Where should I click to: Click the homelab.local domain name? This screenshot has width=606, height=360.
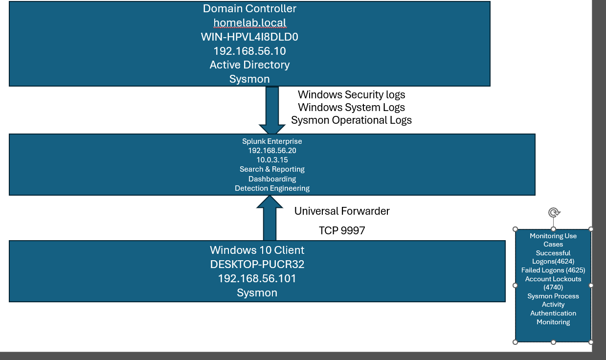(x=250, y=22)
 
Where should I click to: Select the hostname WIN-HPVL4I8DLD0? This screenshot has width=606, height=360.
(x=249, y=37)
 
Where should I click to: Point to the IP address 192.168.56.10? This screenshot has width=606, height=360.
(x=250, y=51)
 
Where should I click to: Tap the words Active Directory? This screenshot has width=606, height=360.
(x=249, y=65)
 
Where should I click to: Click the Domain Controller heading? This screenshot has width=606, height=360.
(x=249, y=9)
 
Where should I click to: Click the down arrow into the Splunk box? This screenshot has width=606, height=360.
(x=272, y=110)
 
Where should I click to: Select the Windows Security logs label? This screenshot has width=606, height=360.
(x=352, y=95)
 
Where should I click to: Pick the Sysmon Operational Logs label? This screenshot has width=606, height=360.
(x=352, y=120)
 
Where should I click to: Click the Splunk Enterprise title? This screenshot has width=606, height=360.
(x=272, y=141)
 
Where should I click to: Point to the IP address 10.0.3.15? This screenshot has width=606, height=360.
(x=272, y=160)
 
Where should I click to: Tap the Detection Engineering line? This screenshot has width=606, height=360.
(x=272, y=188)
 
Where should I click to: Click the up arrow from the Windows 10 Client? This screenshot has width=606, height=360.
(x=269, y=218)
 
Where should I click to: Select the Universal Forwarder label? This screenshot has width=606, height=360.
(x=342, y=211)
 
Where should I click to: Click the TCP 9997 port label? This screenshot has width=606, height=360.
(x=342, y=230)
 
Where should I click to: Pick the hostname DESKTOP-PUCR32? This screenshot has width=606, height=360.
(x=257, y=264)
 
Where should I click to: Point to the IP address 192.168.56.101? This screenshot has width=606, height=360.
(x=257, y=279)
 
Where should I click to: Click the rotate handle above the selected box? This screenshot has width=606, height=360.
(x=554, y=213)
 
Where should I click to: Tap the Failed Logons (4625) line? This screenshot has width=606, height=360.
(x=553, y=270)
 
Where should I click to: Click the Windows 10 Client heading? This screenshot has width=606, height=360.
(x=257, y=250)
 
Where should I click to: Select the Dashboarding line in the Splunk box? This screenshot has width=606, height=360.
(x=272, y=179)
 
